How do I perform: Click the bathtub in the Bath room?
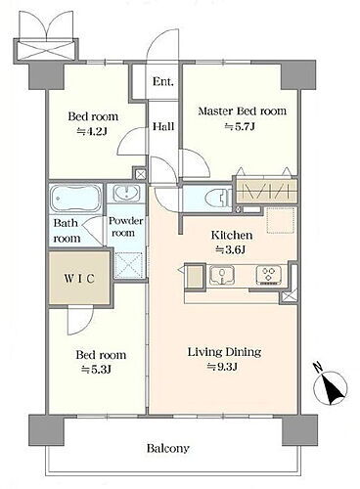tap(75, 199)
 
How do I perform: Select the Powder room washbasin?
tap(126, 194)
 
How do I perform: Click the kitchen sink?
tap(222, 275)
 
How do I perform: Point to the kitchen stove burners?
tap(269, 275)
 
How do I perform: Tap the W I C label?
tap(79, 279)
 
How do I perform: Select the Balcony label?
tap(167, 449)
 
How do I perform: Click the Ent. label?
tap(163, 81)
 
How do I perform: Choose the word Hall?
tap(163, 126)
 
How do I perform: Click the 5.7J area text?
tap(240, 126)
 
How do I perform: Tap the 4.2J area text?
tap(92, 131)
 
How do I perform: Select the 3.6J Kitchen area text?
tap(231, 250)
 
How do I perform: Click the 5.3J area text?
tap(97, 370)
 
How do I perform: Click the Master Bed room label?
tap(243, 111)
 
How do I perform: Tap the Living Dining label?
tap(225, 352)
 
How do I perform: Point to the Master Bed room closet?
tap(267, 190)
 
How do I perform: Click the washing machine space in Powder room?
tap(129, 265)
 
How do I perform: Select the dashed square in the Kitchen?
tap(281, 220)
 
